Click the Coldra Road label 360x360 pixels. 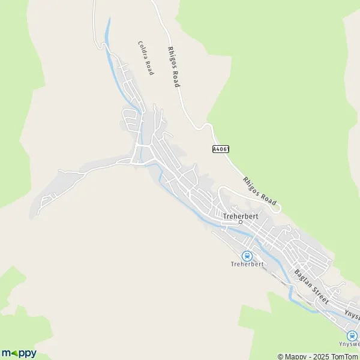point(146,58)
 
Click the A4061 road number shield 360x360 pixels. point(220,148)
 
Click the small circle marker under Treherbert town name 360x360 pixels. point(241,222)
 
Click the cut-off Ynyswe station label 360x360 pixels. point(351,346)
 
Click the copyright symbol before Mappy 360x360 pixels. point(281,356)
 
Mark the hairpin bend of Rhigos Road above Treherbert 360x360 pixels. point(208,125)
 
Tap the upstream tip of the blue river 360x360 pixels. point(109,19)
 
